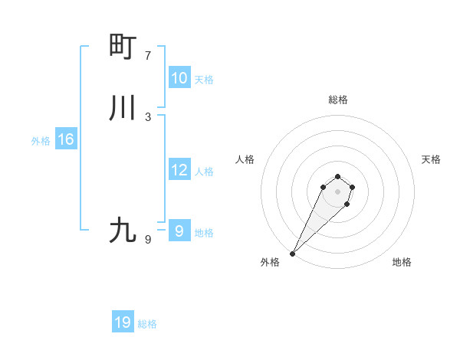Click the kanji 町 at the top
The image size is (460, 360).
point(123,46)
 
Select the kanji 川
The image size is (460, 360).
point(123,107)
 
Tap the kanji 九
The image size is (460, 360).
point(123,230)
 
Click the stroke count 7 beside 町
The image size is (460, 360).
point(148,56)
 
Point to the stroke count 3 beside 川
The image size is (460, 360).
point(148,116)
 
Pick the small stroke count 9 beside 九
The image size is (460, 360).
point(148,239)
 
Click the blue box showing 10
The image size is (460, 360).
point(179,77)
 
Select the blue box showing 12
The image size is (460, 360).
point(179,170)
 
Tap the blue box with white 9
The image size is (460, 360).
point(179,230)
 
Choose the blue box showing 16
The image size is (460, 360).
point(66,139)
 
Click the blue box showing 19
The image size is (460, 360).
point(123,322)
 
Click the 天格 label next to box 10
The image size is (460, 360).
point(204,80)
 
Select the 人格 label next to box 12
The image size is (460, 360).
point(204,172)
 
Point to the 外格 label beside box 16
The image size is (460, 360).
point(41,141)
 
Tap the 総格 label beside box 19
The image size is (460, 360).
point(147,324)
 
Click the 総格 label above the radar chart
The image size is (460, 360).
point(338,100)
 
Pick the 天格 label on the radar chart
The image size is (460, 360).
point(431,159)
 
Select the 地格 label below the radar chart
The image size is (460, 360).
point(402,262)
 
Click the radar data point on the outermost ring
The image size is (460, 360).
point(293,253)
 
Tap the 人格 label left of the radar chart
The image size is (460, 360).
point(245,159)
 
